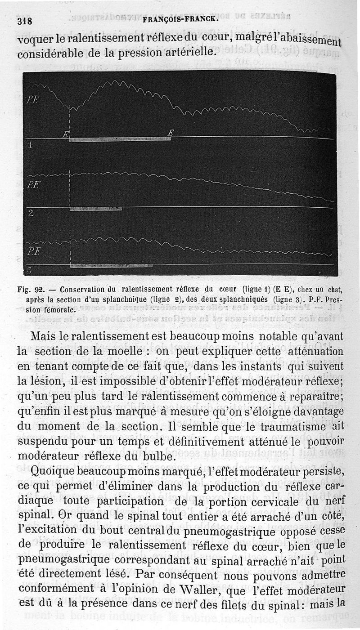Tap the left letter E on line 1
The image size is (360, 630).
tap(66, 134)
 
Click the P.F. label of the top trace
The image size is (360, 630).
tap(32, 100)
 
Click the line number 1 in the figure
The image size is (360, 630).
tap(30, 145)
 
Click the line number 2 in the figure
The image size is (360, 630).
tap(31, 213)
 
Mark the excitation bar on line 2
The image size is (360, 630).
tap(96, 209)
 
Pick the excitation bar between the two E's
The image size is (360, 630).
tap(119, 139)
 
